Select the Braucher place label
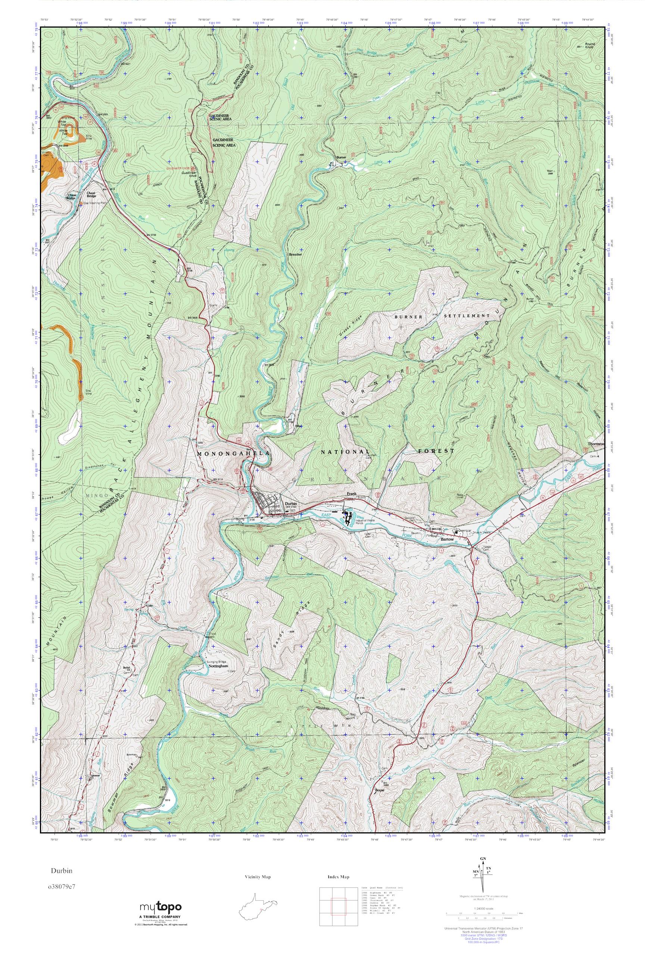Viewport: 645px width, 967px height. tap(295, 254)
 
